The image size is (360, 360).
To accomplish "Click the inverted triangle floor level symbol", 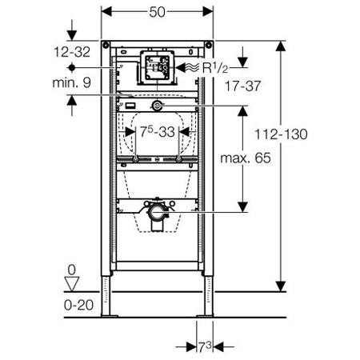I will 72,282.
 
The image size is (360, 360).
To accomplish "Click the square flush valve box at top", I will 157,67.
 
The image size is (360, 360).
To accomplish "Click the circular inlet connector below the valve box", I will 158,106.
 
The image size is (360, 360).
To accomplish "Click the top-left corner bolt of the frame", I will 104,43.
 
